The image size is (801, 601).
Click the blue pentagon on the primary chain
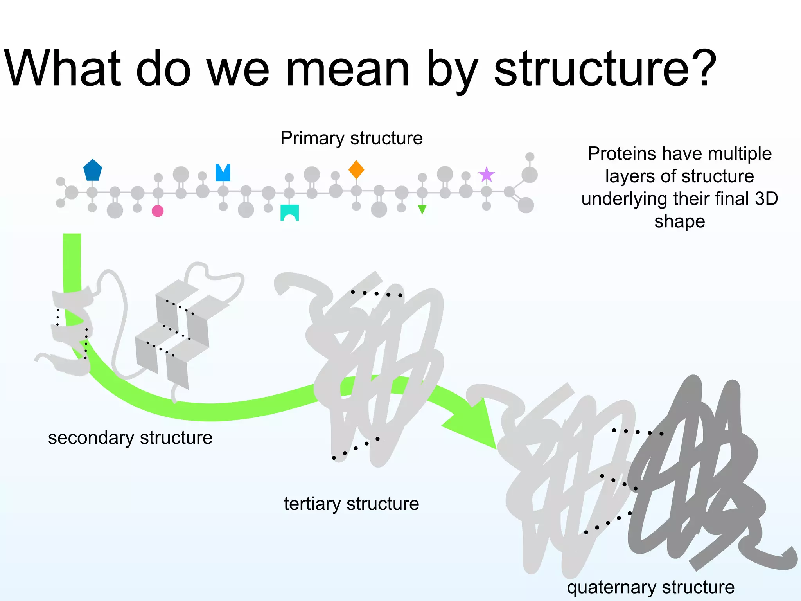pyautogui.click(x=93, y=171)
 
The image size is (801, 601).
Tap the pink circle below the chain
pyautogui.click(x=158, y=211)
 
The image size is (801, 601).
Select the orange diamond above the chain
pyautogui.click(x=356, y=169)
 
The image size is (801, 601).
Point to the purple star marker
pyautogui.click(x=487, y=175)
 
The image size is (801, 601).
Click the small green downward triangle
pyautogui.click(x=422, y=209)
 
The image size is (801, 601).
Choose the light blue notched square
pyautogui.click(x=223, y=173)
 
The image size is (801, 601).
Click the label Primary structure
pyautogui.click(x=351, y=138)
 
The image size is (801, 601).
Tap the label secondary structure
pyautogui.click(x=130, y=437)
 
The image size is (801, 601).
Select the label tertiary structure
pyautogui.click(x=351, y=504)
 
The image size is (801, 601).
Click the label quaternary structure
pyautogui.click(x=650, y=587)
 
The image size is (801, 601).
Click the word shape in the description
pyautogui.click(x=680, y=221)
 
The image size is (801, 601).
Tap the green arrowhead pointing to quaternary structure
pyautogui.click(x=475, y=426)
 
